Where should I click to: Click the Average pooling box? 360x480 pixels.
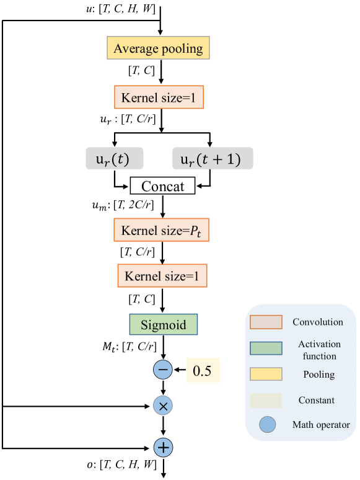coord(159,48)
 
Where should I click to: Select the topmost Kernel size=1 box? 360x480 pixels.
coord(159,98)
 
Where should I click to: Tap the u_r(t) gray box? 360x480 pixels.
coord(114,159)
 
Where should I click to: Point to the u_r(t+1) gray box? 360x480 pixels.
coord(213,159)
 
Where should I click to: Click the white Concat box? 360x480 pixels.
coord(162,186)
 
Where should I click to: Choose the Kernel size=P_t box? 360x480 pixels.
coord(162,230)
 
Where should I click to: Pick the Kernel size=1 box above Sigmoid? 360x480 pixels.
coord(162,276)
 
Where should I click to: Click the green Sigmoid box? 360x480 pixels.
coord(163,325)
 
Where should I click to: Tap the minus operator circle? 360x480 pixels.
coord(163,370)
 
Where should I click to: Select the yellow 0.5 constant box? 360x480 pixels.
coord(203,371)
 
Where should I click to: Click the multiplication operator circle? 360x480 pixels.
coord(163,406)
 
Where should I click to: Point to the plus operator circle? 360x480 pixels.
coord(163,447)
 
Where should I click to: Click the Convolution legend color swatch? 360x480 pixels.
coord(266,322)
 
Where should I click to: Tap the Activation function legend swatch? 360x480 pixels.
coord(266,349)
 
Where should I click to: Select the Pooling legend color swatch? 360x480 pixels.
coord(266,374)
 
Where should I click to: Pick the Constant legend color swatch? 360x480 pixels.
coord(266,400)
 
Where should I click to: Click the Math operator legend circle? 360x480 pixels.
coord(268,425)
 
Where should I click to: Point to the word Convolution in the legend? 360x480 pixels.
coord(318,322)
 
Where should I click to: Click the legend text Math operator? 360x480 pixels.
coord(321,425)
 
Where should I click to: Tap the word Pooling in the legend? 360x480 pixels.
coord(318,375)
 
